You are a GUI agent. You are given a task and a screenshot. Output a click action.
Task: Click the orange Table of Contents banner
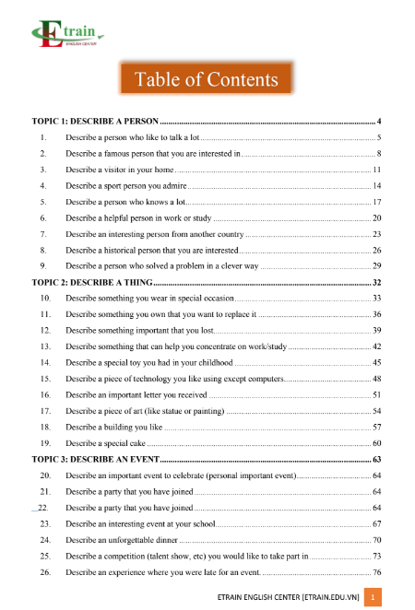207,79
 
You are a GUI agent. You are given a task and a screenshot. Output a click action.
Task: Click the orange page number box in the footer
372,598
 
